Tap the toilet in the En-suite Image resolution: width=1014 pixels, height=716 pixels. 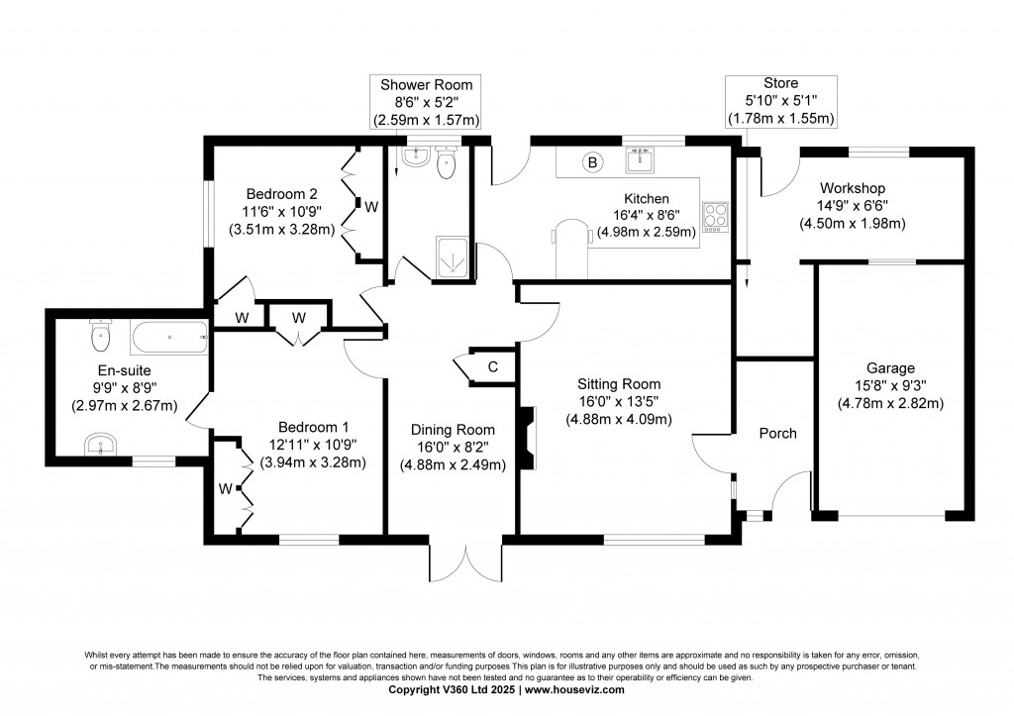click(100, 337)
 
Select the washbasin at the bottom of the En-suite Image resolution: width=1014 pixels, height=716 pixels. click(99, 445)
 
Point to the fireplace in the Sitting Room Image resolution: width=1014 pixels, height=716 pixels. click(529, 437)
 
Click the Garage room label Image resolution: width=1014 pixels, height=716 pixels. click(889, 367)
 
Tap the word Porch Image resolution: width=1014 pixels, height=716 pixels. click(777, 433)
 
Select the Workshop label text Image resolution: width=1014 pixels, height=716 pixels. click(852, 188)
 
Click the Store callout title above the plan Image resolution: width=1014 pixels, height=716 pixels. click(780, 83)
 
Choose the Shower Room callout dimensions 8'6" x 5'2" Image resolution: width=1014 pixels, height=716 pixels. click(426, 102)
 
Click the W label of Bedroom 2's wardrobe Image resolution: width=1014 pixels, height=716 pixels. click(371, 207)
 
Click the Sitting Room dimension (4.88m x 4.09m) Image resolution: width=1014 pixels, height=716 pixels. click(619, 419)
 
